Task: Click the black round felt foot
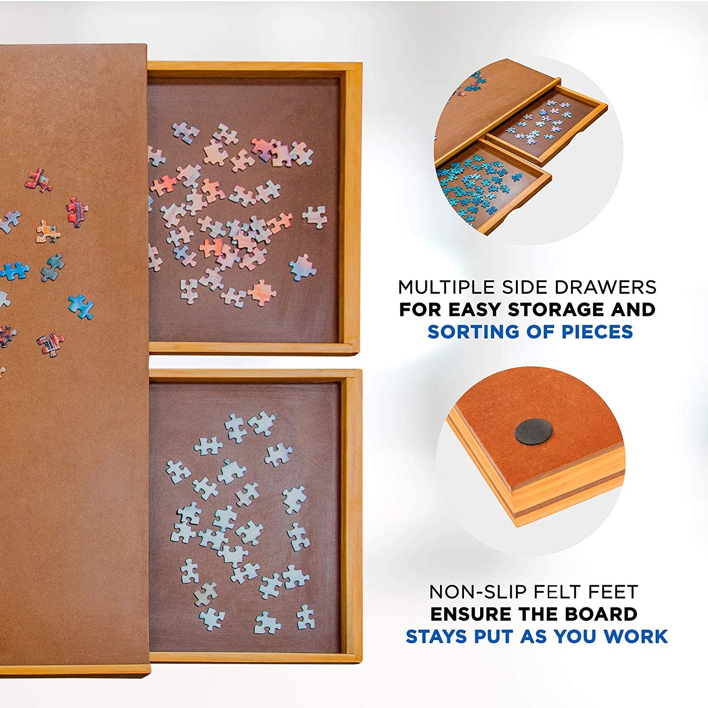click(534, 431)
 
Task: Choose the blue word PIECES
click(597, 332)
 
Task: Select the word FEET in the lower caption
click(612, 592)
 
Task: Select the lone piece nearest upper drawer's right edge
click(315, 217)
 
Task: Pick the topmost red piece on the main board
click(39, 180)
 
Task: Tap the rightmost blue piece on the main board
click(81, 306)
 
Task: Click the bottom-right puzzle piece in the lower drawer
click(306, 616)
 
